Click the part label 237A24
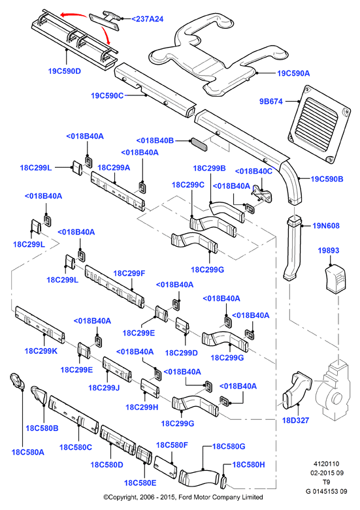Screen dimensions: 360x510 148,19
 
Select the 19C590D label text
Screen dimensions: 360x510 65,71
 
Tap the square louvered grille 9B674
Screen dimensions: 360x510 319,124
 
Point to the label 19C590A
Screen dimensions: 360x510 293,74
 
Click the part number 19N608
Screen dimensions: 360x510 326,226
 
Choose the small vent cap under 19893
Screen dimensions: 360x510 336,278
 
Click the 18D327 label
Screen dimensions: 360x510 295,421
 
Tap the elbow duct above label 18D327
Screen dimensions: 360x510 297,390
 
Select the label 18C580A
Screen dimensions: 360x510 28,452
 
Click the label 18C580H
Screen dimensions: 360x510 249,465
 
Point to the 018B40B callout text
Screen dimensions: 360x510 155,141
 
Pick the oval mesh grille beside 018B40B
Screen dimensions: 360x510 199,145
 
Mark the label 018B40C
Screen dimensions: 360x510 254,171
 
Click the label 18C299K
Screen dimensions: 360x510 41,351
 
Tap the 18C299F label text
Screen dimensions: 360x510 129,274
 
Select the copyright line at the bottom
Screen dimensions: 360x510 183,497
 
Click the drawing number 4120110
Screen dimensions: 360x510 327,464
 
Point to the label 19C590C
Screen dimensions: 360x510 107,96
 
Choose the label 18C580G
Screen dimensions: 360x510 229,447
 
